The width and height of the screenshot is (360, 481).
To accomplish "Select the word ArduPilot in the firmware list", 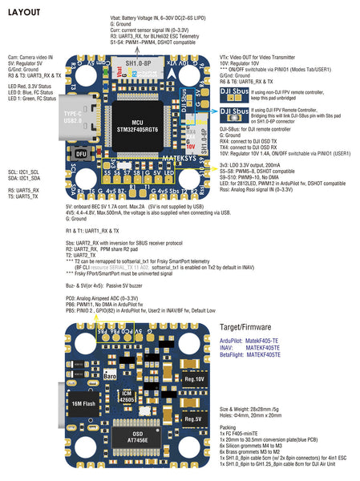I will coord(234,341).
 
